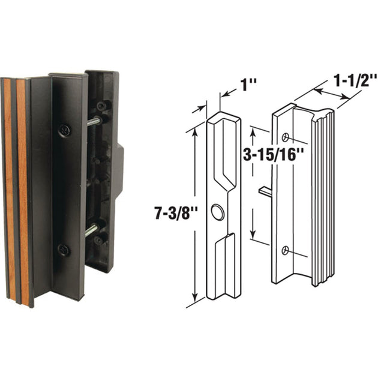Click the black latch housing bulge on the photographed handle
[x=119, y=170]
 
